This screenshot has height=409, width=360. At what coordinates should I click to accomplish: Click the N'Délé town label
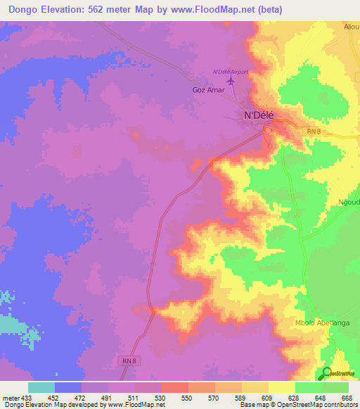[x=258, y=115]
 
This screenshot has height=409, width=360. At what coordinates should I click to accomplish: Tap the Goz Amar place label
[x=207, y=91]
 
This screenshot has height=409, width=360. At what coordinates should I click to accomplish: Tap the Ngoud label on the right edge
[x=349, y=199]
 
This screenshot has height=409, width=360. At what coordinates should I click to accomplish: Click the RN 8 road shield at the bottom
[x=125, y=360]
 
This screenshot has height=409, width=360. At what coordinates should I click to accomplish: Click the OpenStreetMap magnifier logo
[x=326, y=373]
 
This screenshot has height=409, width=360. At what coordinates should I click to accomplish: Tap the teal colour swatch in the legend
[x=41, y=387]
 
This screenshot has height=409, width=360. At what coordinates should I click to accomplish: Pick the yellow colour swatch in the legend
[x=281, y=387]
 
